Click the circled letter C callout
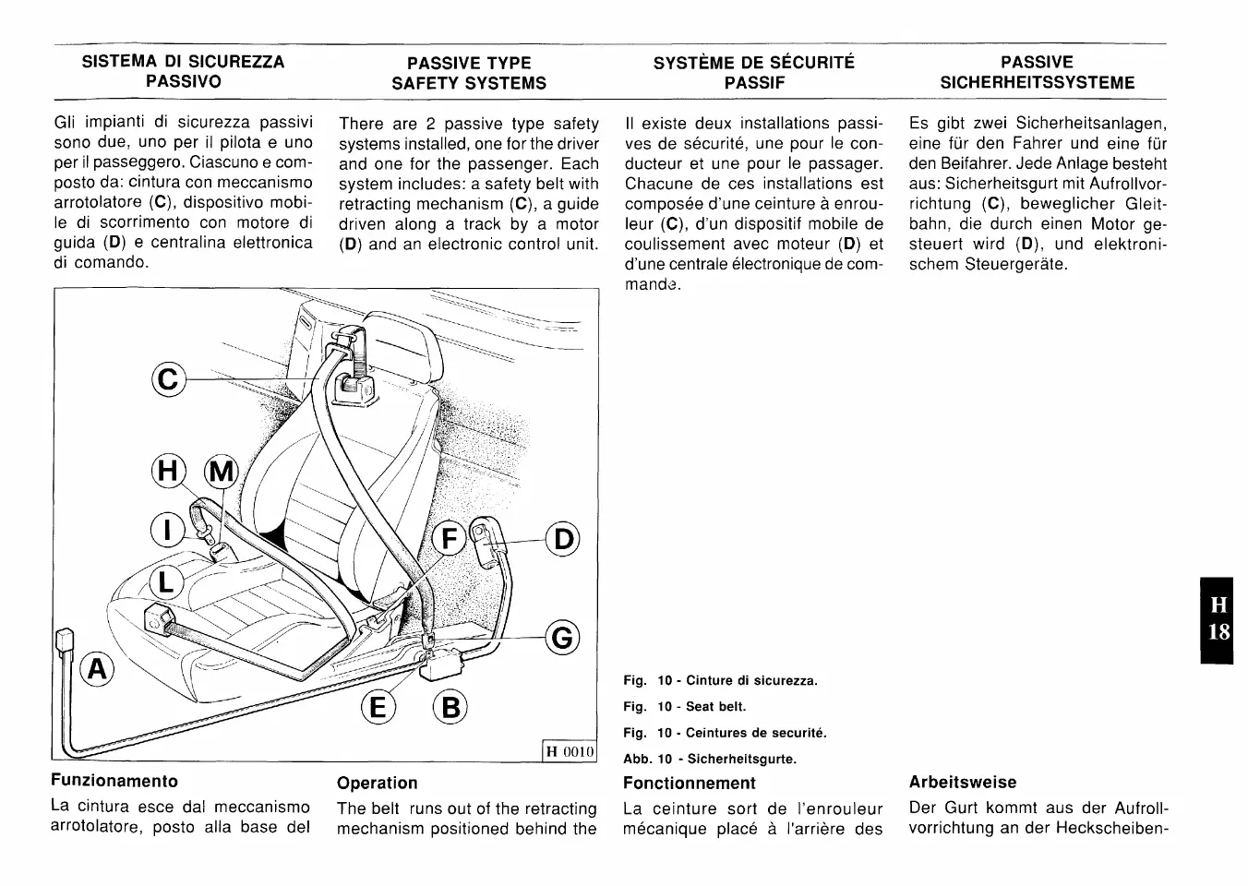(169, 379)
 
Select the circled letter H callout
(169, 472)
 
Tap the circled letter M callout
(221, 472)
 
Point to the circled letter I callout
(167, 532)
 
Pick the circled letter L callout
(167, 582)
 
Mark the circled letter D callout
(563, 540)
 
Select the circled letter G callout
(563, 638)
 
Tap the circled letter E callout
(378, 708)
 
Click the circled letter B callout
(450, 708)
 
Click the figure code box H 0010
(569, 751)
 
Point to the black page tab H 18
(1218, 619)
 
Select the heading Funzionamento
(114, 781)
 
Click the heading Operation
(378, 783)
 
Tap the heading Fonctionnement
(690, 783)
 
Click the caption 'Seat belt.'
(715, 707)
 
